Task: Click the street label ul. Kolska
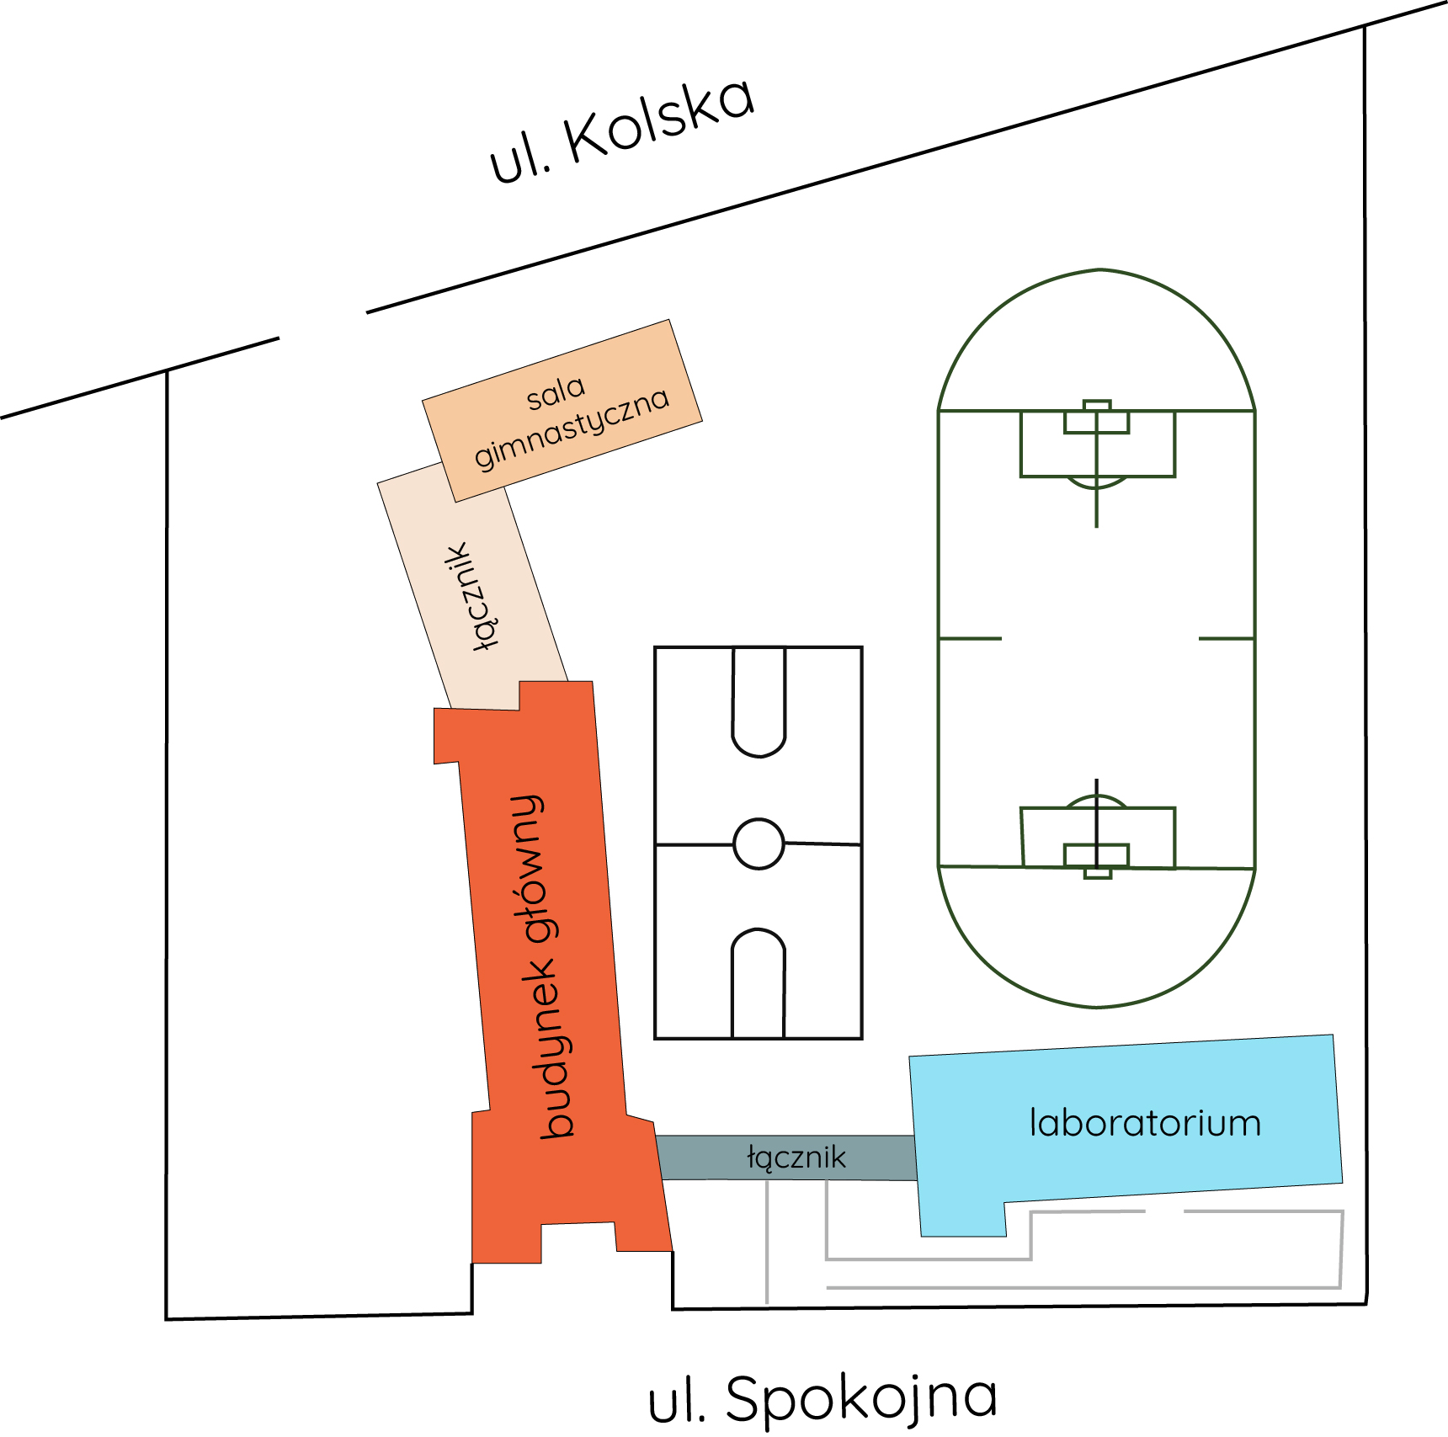(x=622, y=130)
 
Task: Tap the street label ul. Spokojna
(x=822, y=1397)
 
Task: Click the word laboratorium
(x=1145, y=1124)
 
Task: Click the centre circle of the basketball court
(x=759, y=844)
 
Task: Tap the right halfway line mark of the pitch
(x=1227, y=639)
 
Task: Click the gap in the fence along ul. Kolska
(x=322, y=326)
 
